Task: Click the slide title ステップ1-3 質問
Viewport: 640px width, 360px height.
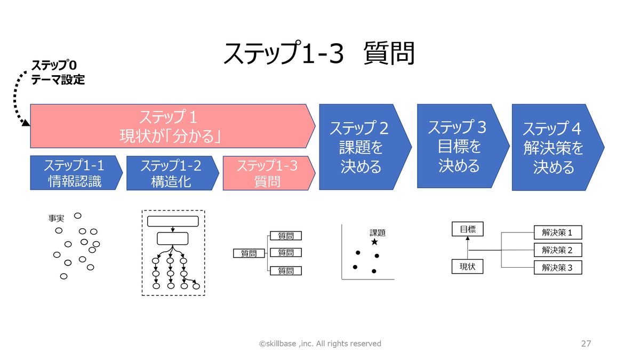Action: tap(319, 53)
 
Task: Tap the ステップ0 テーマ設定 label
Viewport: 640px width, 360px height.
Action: tap(58, 73)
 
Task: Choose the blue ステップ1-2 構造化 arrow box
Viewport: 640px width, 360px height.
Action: tap(170, 173)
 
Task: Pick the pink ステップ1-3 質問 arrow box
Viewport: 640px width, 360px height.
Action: tap(267, 173)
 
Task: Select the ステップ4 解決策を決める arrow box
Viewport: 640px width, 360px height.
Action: tap(554, 147)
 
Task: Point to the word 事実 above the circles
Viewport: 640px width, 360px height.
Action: tap(56, 218)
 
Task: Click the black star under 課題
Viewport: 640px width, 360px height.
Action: tap(374, 242)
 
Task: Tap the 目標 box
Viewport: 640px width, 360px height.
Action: tap(467, 229)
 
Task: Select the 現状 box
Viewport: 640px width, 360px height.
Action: tap(467, 266)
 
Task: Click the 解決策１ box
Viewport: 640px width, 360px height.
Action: tap(557, 233)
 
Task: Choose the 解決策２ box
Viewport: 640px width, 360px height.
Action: tap(557, 250)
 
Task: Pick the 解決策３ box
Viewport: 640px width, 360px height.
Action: tap(557, 267)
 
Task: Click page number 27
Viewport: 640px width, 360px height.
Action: tap(586, 343)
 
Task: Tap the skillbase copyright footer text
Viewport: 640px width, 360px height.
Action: tap(320, 343)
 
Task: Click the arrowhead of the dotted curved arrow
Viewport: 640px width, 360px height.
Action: tap(26, 124)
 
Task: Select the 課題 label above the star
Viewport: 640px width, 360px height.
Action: tap(378, 233)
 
